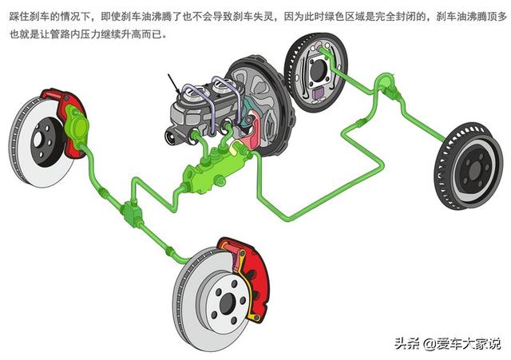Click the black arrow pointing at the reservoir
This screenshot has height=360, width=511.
pos(174,85)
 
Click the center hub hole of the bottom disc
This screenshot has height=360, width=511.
pos(227,303)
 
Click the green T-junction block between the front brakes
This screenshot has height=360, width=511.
pos(132,212)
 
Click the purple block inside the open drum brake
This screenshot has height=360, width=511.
pos(318,93)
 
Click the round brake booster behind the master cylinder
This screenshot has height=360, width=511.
pos(261,105)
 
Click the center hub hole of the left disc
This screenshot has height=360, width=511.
pos(38,140)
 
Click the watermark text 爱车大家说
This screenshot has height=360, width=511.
pos(469,344)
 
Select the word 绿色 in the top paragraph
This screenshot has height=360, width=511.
pos(335,16)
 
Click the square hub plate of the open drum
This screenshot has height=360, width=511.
pos(317,69)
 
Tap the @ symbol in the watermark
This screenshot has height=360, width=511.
pos(429,344)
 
